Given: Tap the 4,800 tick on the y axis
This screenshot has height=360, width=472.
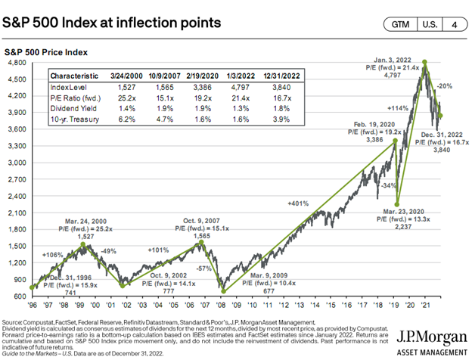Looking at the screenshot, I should (x=19, y=62).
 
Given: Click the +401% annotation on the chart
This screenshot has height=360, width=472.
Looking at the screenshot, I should (x=297, y=203).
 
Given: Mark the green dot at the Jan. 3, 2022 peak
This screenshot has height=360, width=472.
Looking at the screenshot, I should (x=426, y=63).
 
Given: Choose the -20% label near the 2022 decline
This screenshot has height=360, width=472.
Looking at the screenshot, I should (x=446, y=85).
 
